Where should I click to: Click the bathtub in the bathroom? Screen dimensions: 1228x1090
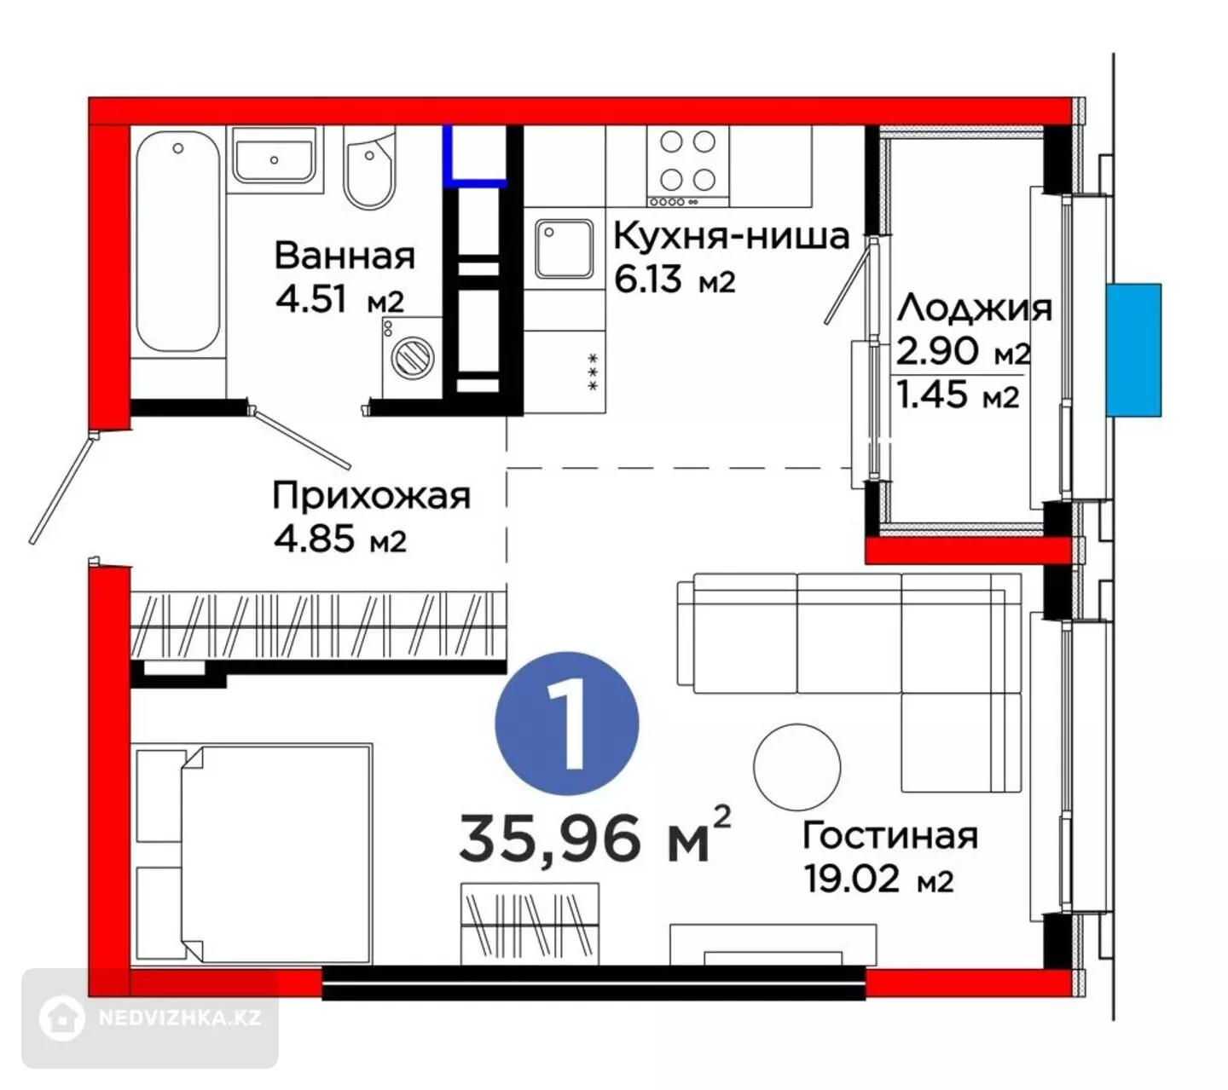coord(177,241)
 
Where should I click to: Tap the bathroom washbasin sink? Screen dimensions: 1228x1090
coord(274,155)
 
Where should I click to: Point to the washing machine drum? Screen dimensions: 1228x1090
coord(414,355)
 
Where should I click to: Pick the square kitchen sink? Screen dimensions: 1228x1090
coord(564,249)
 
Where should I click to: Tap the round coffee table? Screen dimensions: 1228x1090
coord(796,766)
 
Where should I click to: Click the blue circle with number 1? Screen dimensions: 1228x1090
coord(566,724)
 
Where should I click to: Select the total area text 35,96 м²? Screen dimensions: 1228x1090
coord(594,835)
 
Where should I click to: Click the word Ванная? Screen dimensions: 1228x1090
coord(345,256)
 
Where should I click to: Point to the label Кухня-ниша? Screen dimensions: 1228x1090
coord(731,236)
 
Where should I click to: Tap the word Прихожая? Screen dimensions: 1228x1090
coord(371,497)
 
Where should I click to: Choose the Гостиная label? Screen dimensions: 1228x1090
coord(889,835)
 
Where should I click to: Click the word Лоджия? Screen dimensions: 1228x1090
coord(974,309)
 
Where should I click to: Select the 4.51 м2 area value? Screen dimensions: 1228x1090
coord(339,298)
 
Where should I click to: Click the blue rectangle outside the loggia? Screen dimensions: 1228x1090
coord(1133,349)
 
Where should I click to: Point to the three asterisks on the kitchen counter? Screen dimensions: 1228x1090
coord(593,372)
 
